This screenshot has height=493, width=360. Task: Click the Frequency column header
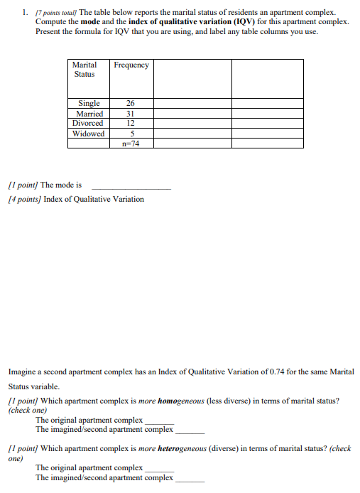coord(131,65)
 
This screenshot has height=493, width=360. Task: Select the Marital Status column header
coord(84,69)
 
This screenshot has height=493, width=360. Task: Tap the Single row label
coord(89,104)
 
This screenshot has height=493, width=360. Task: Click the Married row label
coord(89,114)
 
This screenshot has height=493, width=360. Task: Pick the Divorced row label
coord(89,123)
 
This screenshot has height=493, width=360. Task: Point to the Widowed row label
coord(89,133)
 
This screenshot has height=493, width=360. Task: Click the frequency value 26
coord(131,104)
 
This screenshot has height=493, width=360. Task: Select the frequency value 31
coord(131,114)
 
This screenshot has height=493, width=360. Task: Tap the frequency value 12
coord(131,123)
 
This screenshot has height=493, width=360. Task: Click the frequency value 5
coord(131,133)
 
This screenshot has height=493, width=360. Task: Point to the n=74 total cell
coord(131,143)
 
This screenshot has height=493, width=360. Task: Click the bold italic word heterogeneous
coord(178,449)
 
